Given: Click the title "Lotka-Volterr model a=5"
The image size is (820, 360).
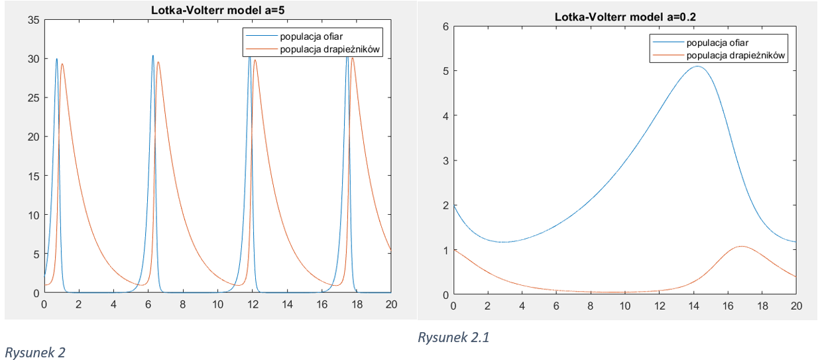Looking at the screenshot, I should (x=217, y=11).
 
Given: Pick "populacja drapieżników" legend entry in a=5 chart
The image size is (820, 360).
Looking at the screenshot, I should (x=331, y=48).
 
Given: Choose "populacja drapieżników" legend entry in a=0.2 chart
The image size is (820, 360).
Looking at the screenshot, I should (x=736, y=56).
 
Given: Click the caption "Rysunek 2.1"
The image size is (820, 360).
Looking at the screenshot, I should (x=453, y=337).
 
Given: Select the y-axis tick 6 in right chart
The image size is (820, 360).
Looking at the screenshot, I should (x=445, y=27).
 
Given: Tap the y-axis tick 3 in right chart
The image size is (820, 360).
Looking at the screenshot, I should (x=445, y=160).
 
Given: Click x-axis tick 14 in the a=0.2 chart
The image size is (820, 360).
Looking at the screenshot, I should (x=693, y=306).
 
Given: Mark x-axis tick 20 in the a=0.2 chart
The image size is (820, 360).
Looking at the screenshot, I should (x=796, y=306).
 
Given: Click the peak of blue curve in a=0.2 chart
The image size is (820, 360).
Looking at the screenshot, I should (x=697, y=66).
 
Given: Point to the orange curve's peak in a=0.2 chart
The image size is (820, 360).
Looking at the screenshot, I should (x=741, y=247).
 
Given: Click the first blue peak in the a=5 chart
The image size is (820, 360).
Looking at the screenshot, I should (x=57, y=58).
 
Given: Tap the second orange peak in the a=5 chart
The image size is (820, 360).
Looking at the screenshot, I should (x=158, y=62).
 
